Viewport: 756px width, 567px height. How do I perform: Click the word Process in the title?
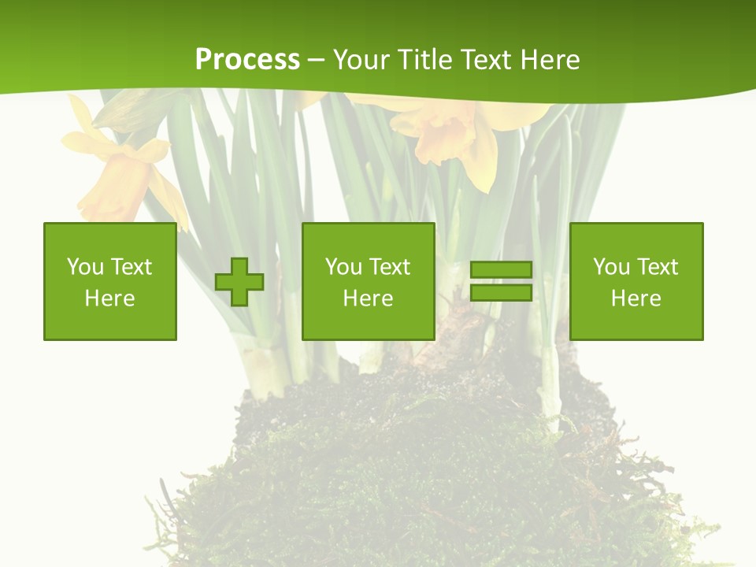pos(247,60)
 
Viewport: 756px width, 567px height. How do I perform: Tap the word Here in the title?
pos(550,60)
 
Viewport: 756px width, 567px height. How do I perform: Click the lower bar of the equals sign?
pos(501,293)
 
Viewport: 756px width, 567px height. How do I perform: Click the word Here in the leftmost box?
pos(110,298)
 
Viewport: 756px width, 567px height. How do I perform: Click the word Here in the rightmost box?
pos(636,298)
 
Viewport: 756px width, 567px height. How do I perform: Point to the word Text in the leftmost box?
pos(132,267)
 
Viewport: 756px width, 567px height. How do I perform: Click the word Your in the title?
pos(361,60)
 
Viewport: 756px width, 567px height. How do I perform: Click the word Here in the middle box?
pos(369,298)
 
